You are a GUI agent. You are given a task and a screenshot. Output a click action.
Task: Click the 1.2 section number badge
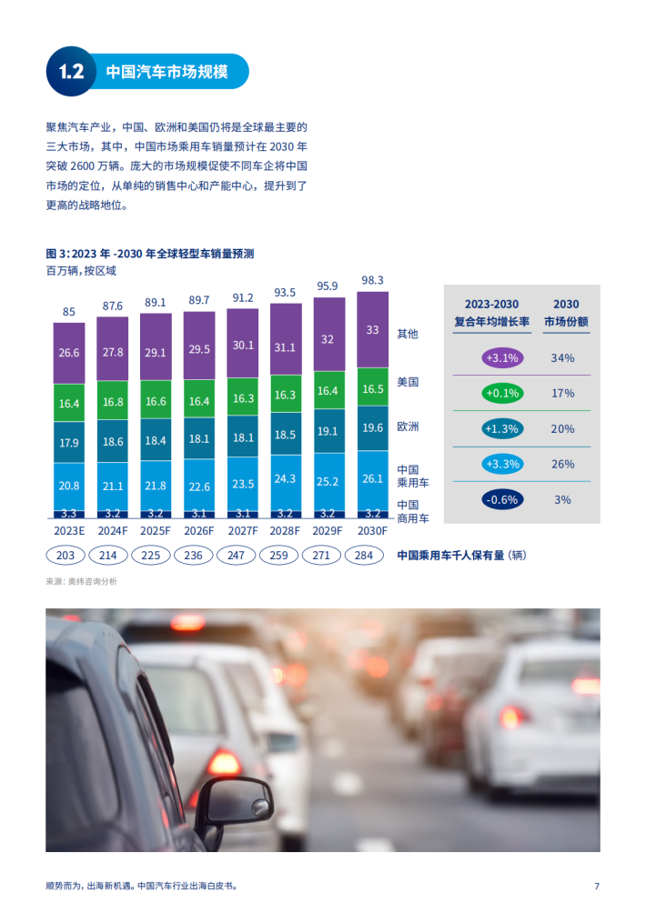(71, 72)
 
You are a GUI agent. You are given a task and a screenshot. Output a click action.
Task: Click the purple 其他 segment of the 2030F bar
(373, 330)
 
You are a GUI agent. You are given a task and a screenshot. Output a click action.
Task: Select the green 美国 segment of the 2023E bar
(69, 403)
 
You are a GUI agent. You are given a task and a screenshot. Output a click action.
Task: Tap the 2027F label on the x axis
(243, 531)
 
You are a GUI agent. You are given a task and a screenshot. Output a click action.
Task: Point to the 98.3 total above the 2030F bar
(373, 280)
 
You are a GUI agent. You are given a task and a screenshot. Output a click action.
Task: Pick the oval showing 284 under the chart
(372, 555)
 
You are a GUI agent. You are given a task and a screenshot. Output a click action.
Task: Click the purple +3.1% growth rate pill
(502, 357)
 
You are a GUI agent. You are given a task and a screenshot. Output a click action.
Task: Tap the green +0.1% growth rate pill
(502, 393)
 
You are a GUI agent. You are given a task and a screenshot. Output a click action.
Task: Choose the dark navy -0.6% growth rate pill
(502, 499)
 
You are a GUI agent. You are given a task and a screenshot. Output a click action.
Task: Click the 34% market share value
(562, 357)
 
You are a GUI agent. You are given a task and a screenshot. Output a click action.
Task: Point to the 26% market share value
(562, 464)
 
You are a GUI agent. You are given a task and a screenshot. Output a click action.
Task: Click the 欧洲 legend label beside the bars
(408, 426)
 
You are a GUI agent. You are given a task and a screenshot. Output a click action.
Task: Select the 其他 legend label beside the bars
(408, 334)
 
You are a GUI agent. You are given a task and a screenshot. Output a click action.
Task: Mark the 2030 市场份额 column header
(566, 312)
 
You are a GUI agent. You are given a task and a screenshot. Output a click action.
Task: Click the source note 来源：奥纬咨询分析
(81, 581)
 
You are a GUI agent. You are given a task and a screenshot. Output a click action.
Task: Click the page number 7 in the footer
(596, 886)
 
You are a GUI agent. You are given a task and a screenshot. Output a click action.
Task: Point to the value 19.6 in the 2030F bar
(373, 426)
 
